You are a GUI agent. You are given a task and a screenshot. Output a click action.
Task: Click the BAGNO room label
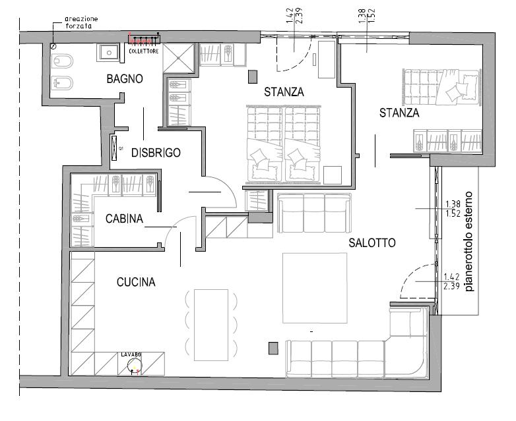pos(125,79)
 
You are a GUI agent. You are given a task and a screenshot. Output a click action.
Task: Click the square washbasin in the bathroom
pos(107,52)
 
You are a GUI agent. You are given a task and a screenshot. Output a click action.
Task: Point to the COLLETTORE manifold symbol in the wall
pos(143,41)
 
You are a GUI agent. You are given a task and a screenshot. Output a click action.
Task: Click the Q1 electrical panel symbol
pos(115,148)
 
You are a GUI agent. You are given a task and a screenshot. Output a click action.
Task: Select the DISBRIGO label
pos(156,153)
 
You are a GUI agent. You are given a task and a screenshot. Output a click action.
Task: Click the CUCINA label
pos(136,283)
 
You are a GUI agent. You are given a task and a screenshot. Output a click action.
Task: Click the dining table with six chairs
pos(210,325)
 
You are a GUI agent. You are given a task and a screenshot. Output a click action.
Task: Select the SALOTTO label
pos(372,242)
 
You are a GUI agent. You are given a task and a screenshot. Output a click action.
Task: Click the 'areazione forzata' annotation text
pos(81,23)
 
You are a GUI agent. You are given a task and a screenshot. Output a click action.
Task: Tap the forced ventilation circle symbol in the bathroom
pos(52,46)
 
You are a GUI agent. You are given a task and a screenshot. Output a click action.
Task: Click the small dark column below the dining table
pos(273,347)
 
